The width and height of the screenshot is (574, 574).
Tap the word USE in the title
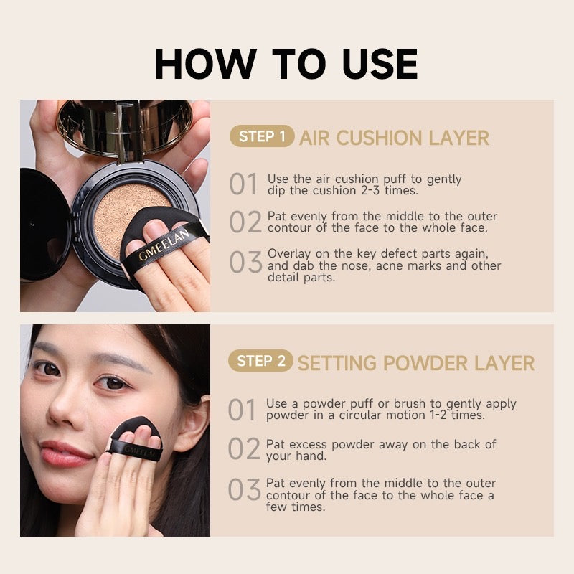click(380, 64)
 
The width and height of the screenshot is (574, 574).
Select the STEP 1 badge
click(262, 136)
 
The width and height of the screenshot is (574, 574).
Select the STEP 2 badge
click(260, 361)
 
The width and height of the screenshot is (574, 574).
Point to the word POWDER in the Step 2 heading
click(425, 363)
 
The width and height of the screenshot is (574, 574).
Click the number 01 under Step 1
click(243, 184)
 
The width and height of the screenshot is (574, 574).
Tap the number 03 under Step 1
click(245, 262)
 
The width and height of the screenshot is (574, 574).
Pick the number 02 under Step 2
click(244, 448)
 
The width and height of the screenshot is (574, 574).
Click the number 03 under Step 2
click(244, 489)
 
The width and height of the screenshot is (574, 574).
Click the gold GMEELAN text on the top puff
click(164, 245)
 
